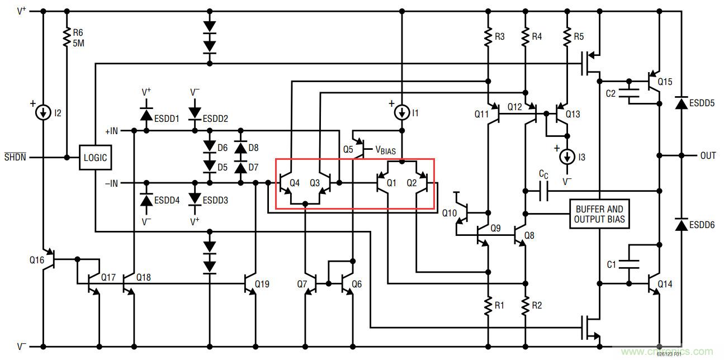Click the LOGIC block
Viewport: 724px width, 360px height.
coord(95,158)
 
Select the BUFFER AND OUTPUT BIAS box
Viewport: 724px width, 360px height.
coord(599,214)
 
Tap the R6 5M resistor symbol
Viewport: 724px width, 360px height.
coord(67,36)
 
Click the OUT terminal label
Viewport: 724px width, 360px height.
coord(708,155)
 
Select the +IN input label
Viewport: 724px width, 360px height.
coord(112,131)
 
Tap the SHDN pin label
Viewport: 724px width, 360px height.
coord(15,157)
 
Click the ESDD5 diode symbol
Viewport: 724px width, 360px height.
coord(681,104)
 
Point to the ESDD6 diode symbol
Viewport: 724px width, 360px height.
coord(681,225)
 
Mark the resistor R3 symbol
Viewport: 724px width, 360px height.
coord(489,36)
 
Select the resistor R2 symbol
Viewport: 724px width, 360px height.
coord(525,305)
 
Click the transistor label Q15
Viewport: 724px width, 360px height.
coord(665,82)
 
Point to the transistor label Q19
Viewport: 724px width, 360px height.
coord(262,284)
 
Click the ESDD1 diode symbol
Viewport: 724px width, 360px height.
coord(146,115)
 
